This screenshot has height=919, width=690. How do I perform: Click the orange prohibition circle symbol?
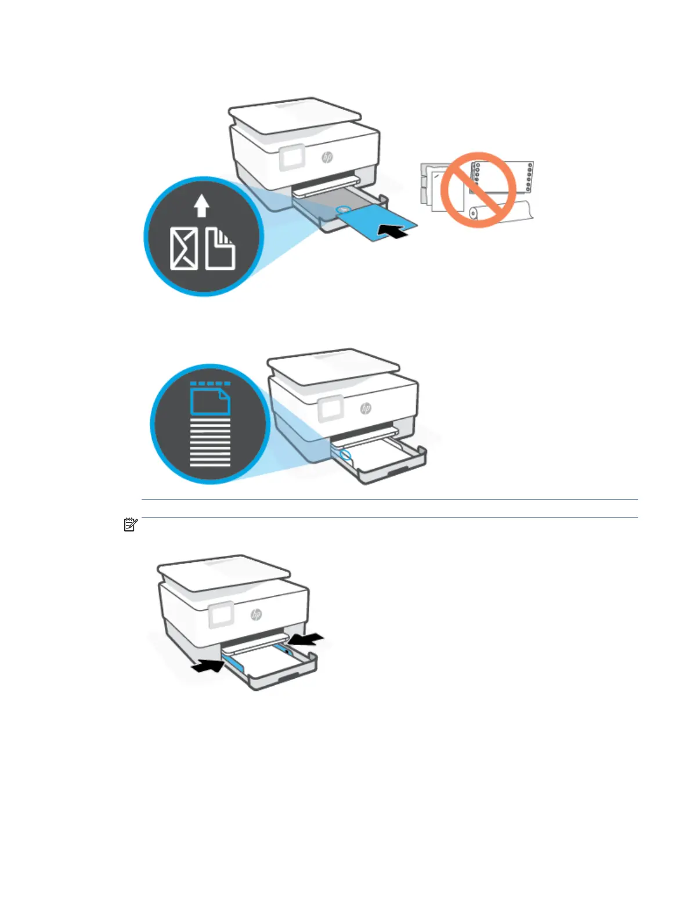[478, 190]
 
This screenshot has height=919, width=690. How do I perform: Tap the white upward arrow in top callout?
[201, 205]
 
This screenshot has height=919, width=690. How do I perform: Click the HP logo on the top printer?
[327, 157]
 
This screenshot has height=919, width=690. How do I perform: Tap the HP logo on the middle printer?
[366, 408]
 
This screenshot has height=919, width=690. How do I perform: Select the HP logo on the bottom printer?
[256, 614]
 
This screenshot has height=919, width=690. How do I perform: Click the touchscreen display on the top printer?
[291, 158]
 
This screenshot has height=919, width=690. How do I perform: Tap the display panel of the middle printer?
[331, 410]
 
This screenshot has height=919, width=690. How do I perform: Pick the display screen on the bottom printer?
[221, 614]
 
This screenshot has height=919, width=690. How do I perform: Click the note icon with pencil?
[131, 526]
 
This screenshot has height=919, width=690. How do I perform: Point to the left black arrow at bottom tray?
[207, 666]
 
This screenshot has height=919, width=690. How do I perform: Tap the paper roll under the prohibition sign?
[499, 212]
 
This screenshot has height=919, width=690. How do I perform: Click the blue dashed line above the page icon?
[210, 383]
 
